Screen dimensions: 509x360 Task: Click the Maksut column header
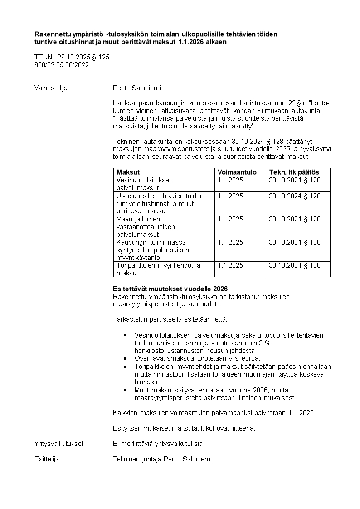pos(128,172)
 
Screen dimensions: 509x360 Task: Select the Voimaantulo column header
pos(237,172)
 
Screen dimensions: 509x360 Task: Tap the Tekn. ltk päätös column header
pos(294,172)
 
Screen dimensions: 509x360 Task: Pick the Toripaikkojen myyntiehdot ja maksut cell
pos(158,269)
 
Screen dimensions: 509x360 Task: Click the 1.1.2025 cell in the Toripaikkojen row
pos(230,265)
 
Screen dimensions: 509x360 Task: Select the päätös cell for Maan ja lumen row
pos(294,219)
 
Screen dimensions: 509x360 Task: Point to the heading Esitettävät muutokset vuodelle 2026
pos(170,289)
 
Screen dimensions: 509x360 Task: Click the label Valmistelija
pos(51,88)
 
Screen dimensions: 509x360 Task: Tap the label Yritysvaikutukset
pos(59,443)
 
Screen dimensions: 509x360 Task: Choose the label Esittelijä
pos(47,459)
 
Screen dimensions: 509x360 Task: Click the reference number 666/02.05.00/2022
pos(62,65)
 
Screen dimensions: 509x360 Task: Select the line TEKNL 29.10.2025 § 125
pos(72,57)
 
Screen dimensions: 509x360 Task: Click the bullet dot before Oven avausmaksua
pos(126,358)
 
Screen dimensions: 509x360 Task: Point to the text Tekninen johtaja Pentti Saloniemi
pos(162,459)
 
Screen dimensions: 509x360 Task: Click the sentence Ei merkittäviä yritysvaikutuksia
pos(158,443)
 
